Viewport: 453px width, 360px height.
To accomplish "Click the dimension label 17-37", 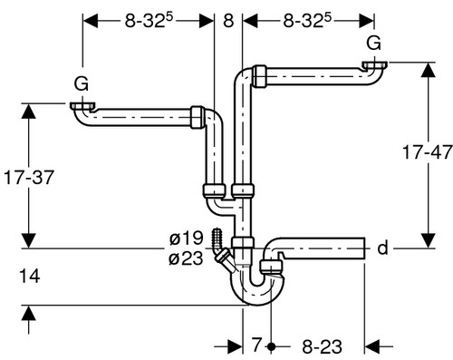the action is [x=29, y=178].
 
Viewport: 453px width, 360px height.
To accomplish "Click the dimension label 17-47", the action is [x=428, y=152].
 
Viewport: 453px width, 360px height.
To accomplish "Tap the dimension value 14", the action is [x=29, y=277].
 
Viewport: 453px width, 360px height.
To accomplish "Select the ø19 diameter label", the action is [x=186, y=238].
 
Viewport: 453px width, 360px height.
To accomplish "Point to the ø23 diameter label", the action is [x=186, y=258].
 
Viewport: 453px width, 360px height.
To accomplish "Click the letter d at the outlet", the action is [x=382, y=248].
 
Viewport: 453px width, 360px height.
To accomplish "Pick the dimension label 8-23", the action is [x=323, y=346].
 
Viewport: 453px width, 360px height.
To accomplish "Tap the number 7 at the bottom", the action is [x=256, y=345].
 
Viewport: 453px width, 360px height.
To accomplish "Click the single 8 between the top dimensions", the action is [x=228, y=21].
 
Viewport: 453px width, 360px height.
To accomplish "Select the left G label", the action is [x=82, y=83].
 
